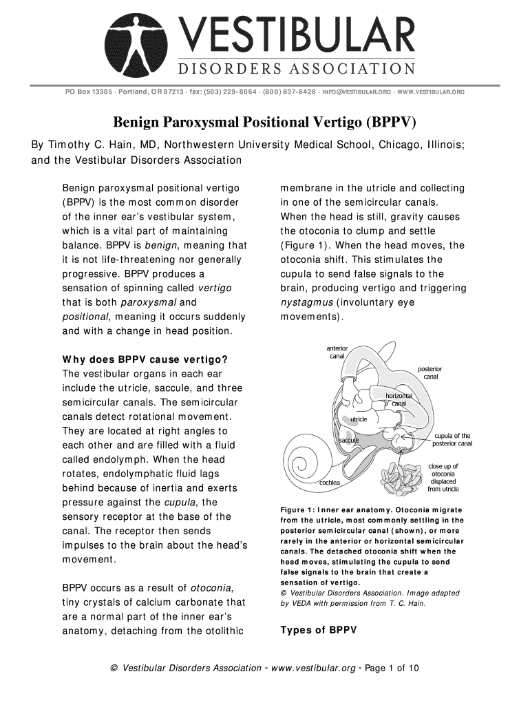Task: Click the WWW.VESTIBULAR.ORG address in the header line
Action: [x=432, y=92]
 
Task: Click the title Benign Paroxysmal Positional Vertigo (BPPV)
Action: [x=264, y=123]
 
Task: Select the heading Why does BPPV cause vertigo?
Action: [x=145, y=359]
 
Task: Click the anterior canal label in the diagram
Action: [x=337, y=352]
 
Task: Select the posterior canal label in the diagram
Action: [x=430, y=372]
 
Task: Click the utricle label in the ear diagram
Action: [x=359, y=419]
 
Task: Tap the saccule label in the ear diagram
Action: [x=347, y=440]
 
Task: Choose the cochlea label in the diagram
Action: [x=329, y=483]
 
